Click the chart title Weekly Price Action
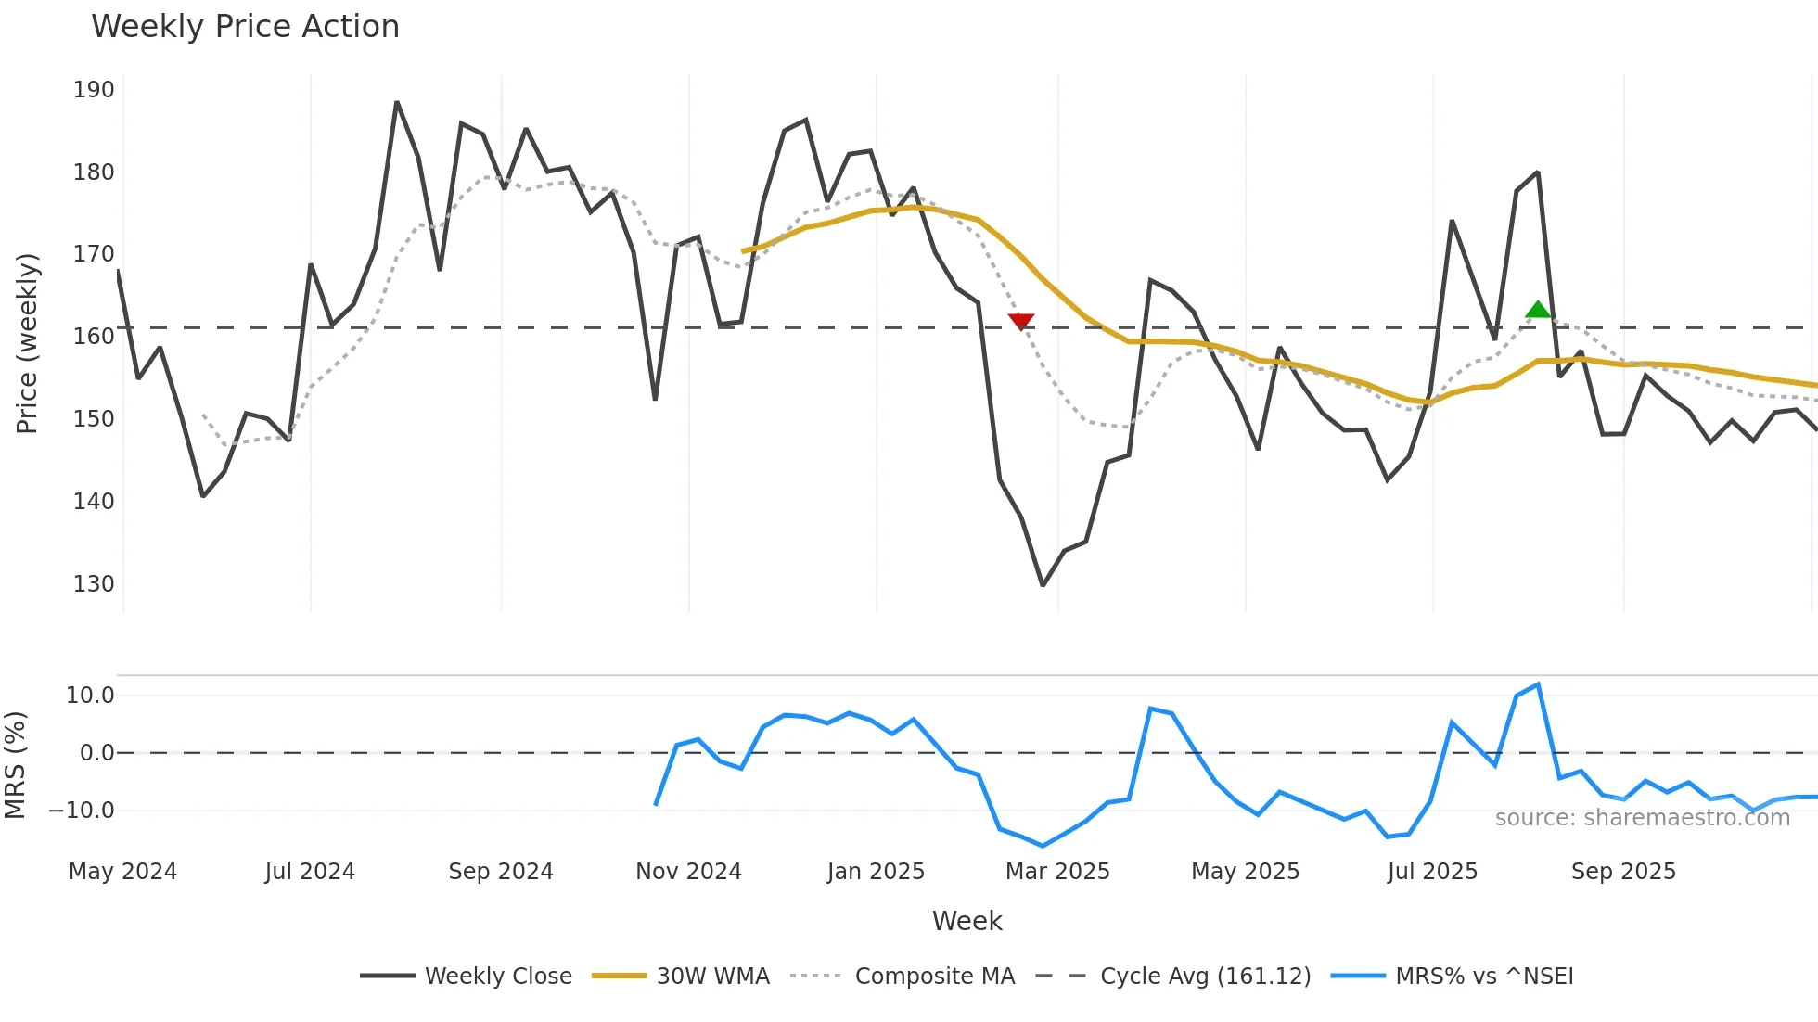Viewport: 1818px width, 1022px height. point(245,27)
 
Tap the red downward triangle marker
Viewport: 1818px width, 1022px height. point(1020,321)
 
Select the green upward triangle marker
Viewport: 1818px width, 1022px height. point(1538,310)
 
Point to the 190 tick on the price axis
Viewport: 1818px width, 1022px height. point(94,90)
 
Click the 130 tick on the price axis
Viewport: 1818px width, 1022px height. point(94,584)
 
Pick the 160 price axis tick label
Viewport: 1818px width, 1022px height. point(94,337)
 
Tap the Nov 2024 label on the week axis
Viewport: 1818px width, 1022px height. point(688,872)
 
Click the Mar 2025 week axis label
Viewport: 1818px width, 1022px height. point(1057,872)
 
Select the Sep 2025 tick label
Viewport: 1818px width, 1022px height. point(1623,872)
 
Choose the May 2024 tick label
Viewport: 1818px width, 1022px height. point(122,872)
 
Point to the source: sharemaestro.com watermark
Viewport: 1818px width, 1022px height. point(1642,818)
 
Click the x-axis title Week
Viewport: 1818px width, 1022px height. point(967,921)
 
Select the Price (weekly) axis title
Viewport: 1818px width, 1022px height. point(27,343)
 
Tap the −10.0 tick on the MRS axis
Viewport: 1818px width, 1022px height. point(82,811)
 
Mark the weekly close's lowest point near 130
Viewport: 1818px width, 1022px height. point(1043,585)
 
